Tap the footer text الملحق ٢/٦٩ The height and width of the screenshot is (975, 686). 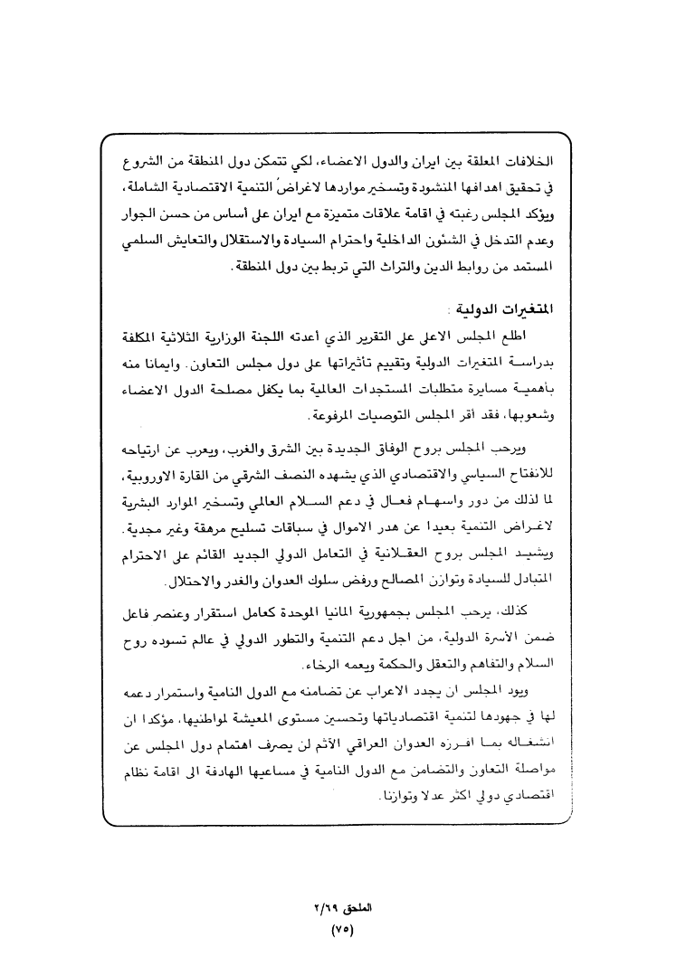click(x=341, y=908)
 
